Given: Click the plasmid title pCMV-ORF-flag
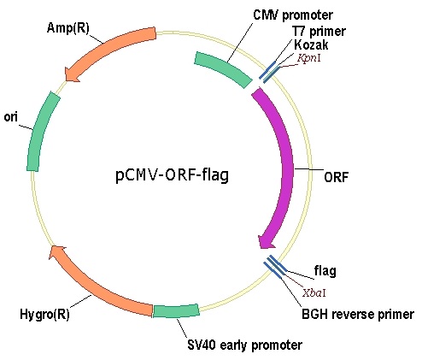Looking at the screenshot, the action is click(172, 174).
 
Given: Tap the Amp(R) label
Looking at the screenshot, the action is click(68, 28).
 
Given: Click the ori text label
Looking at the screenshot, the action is click(10, 117).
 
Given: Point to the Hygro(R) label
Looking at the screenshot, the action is click(44, 314).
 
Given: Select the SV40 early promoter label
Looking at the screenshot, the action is click(244, 345).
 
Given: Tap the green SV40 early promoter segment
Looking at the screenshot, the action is click(176, 311).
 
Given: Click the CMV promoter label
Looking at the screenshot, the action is click(293, 15).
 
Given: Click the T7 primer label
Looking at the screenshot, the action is click(319, 31).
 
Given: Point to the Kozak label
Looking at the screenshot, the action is click(311, 44).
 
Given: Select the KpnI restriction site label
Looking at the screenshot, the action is click(308, 58).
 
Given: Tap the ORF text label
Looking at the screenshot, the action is click(337, 177).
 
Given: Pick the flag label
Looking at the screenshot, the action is click(325, 271).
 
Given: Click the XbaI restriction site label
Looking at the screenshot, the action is click(314, 292).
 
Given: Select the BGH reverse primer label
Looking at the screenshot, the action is click(358, 314).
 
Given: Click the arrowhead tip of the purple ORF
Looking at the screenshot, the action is click(261, 249).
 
